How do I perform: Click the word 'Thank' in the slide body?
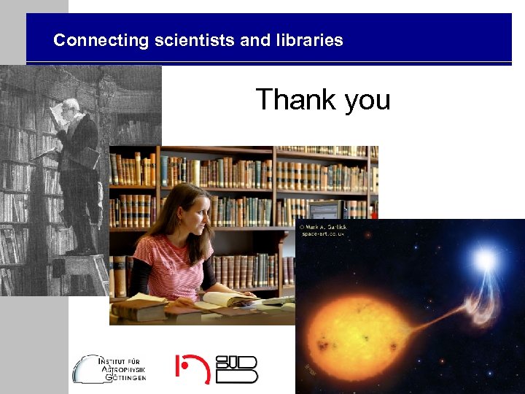pyautogui.click(x=296, y=99)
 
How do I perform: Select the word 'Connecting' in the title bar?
pyautogui.click(x=101, y=40)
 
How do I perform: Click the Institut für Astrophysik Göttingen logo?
pyautogui.click(x=109, y=368)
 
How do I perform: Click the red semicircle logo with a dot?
pyautogui.click(x=192, y=368)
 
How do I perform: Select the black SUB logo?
pyautogui.click(x=237, y=368)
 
